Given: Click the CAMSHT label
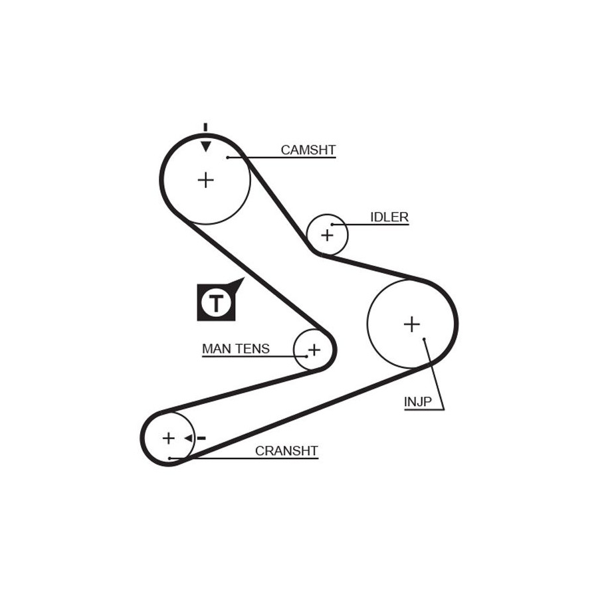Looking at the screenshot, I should [308, 150].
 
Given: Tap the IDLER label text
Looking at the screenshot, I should [389, 217].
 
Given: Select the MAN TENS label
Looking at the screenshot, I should [236, 348].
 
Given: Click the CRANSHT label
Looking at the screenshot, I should [286, 451].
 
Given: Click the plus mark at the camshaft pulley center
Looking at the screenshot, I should [206, 179].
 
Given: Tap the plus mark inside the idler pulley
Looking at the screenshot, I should [327, 235].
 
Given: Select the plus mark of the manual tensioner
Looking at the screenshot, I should [314, 349].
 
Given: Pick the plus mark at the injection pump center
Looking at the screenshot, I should [412, 324].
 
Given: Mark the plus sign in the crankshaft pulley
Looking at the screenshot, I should [169, 438].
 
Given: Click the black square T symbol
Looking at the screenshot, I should [216, 302].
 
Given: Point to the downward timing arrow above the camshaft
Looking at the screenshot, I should [206, 146].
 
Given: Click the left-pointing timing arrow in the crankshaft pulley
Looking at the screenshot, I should [188, 438].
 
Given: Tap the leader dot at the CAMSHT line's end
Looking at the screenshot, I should [227, 157].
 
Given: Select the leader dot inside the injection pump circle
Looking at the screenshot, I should [424, 339].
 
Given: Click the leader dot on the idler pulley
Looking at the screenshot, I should [332, 225].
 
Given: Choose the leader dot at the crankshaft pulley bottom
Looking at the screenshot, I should [170, 458].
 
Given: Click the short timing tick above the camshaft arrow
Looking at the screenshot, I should [206, 127].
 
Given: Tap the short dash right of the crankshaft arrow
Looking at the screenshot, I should [201, 438].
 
